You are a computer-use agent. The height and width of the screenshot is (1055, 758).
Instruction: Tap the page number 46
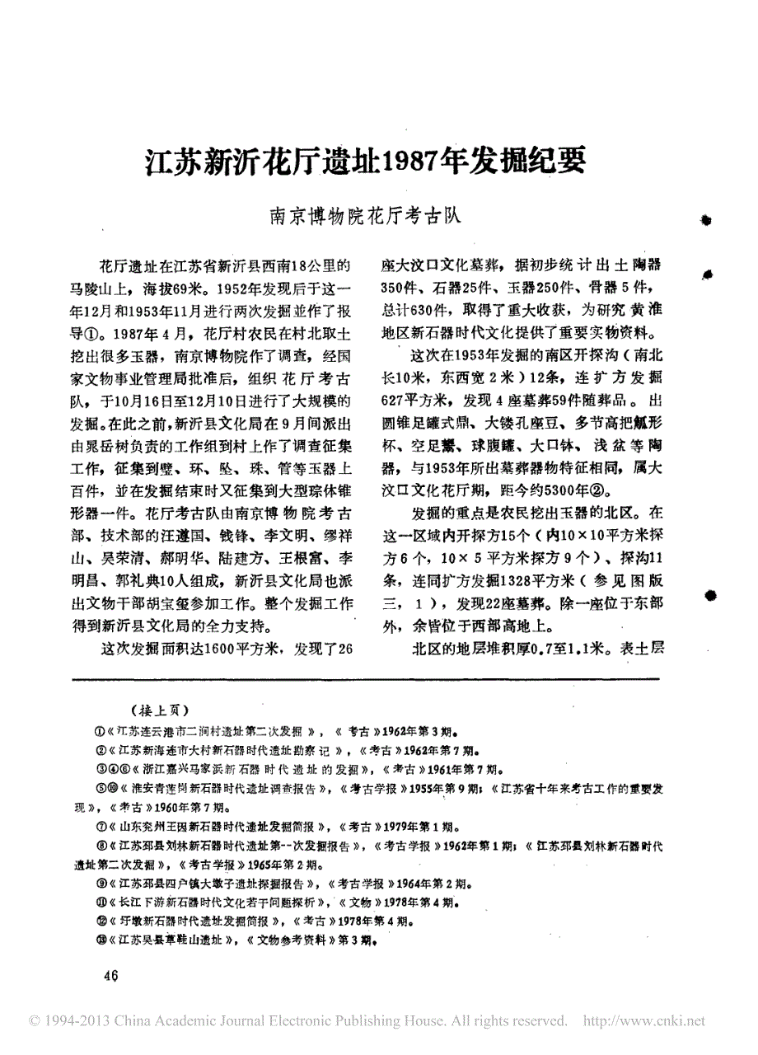(x=111, y=976)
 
